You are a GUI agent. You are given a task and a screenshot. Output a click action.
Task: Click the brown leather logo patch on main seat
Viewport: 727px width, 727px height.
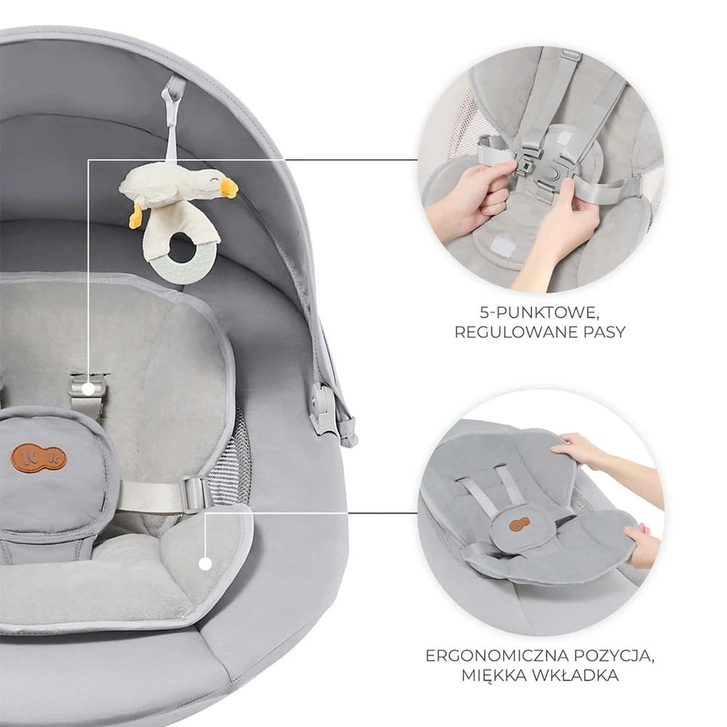tap(39, 457)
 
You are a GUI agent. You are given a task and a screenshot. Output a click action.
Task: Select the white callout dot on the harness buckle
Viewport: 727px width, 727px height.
tap(88, 389)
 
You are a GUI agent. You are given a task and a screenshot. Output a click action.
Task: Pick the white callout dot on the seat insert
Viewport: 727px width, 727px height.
tap(206, 564)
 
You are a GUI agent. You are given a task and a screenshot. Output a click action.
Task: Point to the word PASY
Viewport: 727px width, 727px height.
tap(603, 332)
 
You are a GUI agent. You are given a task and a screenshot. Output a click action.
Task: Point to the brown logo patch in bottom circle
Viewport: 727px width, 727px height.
tap(519, 523)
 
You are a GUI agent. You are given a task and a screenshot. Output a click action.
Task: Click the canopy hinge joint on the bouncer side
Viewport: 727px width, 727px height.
tap(324, 410)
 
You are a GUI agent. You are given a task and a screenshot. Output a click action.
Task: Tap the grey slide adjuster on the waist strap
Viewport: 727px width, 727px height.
tap(196, 494)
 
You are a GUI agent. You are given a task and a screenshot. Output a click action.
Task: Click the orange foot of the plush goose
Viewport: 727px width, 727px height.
tap(135, 215)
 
